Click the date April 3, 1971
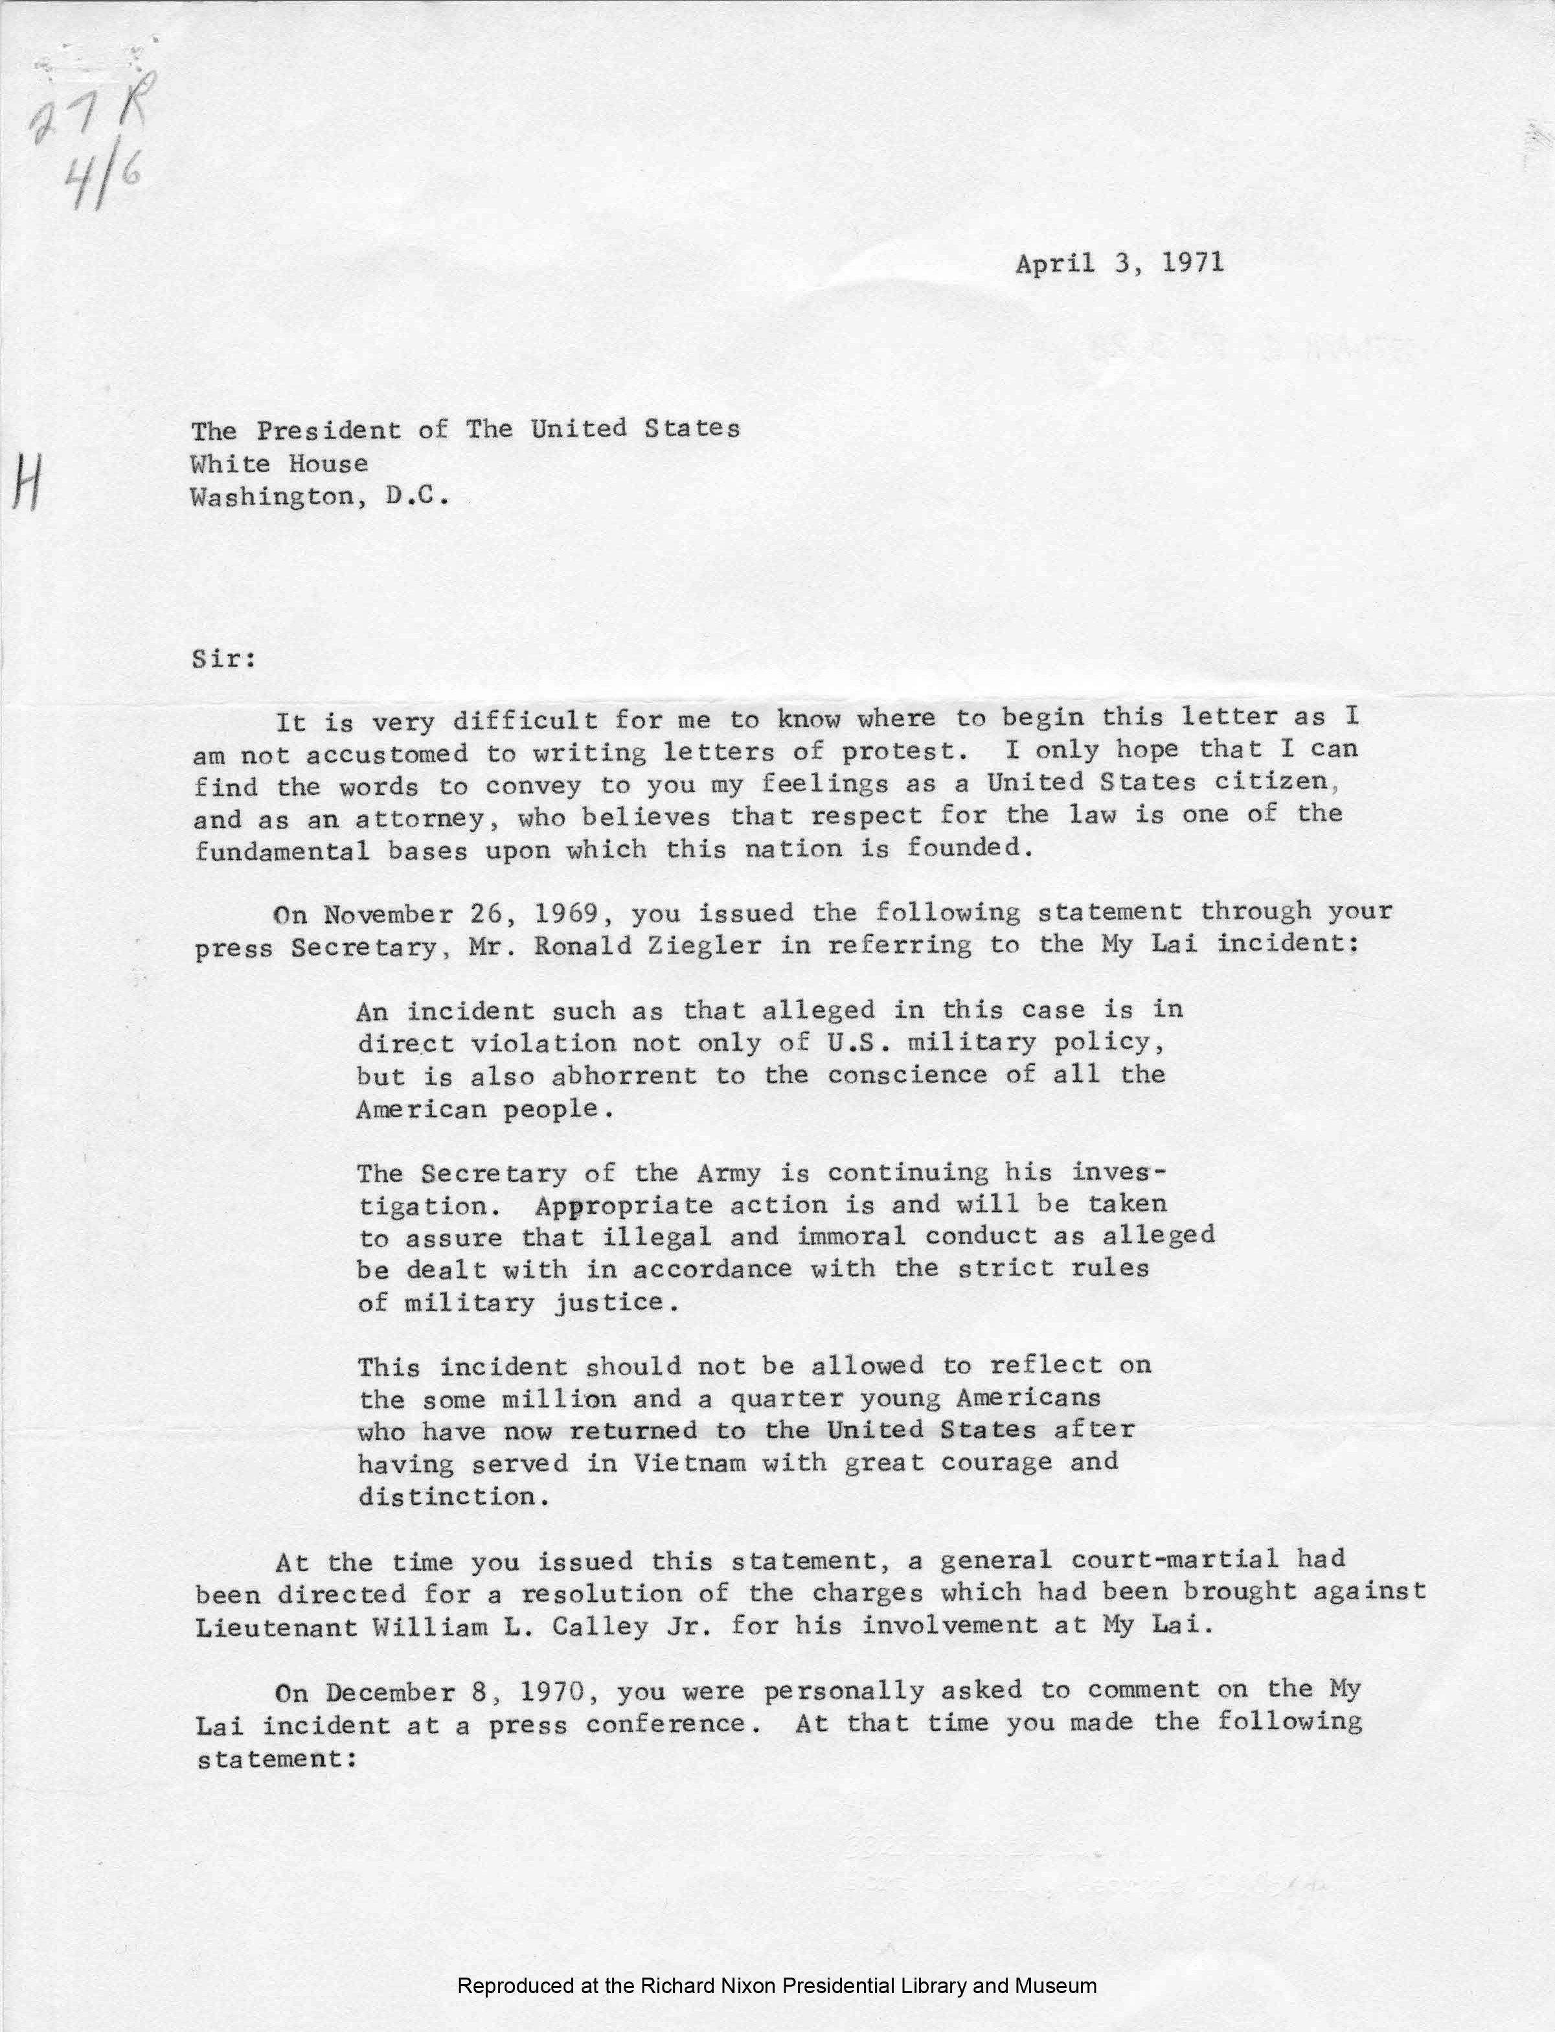tap(1119, 264)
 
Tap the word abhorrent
tap(624, 1076)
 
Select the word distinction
tap(447, 1497)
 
